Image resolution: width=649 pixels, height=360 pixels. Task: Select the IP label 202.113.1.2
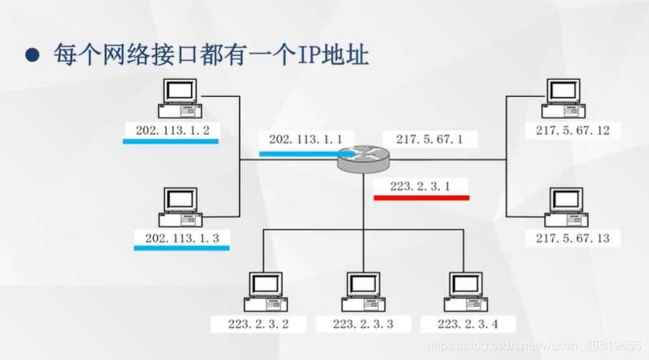coord(172,129)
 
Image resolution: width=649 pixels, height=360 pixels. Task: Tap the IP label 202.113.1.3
coord(182,238)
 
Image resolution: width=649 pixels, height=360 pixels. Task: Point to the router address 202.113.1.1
coord(306,139)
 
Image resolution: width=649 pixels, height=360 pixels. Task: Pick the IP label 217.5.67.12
coord(572,130)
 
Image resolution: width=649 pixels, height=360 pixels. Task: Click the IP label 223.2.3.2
coord(259,324)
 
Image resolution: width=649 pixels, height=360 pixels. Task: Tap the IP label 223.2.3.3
coord(362,324)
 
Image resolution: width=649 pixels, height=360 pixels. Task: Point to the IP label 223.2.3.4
coord(467,324)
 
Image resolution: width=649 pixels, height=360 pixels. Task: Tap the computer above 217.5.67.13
coord(563,208)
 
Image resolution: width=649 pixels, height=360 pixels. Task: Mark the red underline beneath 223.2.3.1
coord(421,197)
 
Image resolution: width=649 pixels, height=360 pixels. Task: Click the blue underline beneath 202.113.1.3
coord(181,249)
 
